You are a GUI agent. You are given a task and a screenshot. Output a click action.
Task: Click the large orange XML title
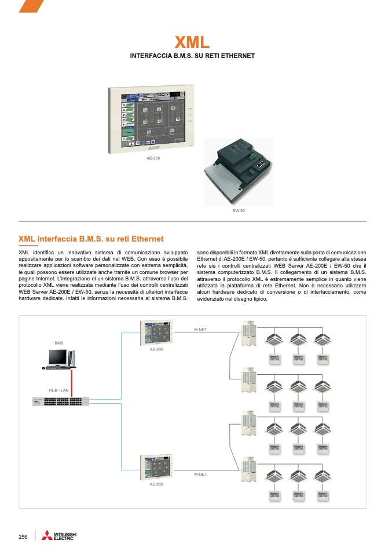192,42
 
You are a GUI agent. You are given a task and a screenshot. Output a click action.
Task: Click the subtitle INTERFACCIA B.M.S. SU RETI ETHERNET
192,56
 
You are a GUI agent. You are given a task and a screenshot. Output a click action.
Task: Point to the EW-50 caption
238,210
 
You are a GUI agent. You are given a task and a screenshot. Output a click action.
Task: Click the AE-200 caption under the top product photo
153,158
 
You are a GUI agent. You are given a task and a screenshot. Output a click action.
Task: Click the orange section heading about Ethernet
91,239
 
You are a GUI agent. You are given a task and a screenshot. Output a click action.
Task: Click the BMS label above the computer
59,344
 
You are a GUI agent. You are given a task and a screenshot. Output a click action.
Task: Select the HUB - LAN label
58,392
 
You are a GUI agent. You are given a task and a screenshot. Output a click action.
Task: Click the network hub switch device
61,401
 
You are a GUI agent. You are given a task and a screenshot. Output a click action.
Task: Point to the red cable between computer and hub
71,382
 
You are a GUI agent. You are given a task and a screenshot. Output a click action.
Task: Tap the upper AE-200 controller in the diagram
156,333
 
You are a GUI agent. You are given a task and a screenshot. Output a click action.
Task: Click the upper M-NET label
200,330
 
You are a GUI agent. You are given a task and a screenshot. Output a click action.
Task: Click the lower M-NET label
200,474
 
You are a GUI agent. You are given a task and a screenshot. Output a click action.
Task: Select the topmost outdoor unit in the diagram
249,334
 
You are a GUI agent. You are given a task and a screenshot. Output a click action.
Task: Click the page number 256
23,537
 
